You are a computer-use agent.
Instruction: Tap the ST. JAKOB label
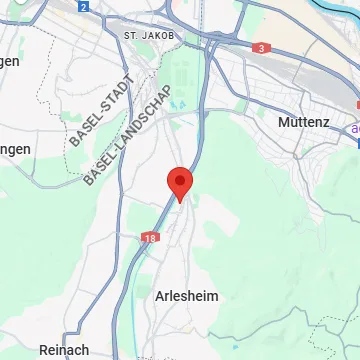(151, 34)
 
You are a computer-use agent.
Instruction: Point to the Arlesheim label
(186, 296)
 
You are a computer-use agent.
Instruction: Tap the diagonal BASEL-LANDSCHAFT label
(129, 135)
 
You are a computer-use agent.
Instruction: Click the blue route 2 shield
(84, 6)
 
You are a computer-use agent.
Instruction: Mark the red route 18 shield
(150, 239)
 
